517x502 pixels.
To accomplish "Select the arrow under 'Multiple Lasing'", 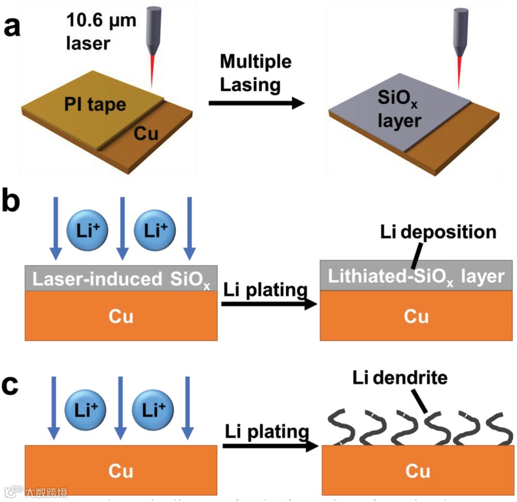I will click(x=256, y=103).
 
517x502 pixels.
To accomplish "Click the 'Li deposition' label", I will click(x=437, y=232).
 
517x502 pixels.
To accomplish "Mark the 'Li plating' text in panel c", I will click(x=267, y=431).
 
